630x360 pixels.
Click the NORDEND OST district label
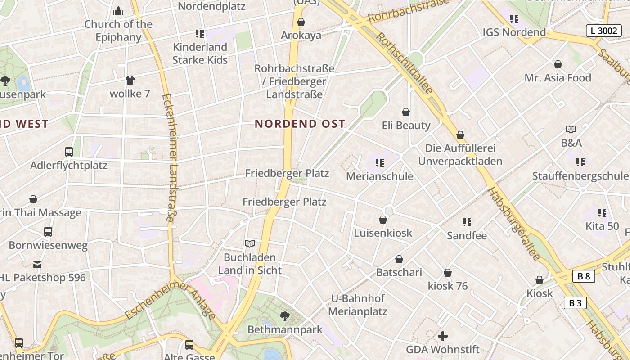coord(300,124)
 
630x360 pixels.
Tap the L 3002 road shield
coord(604,31)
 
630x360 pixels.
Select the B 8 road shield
coord(584,276)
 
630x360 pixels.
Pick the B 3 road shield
coord(575,303)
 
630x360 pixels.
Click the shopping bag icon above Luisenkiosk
coord(383,220)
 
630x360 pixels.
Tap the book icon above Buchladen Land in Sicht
coord(250,244)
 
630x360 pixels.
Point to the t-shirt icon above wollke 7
coord(130,81)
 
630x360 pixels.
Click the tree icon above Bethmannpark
coord(284,316)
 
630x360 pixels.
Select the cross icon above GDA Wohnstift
coord(443,336)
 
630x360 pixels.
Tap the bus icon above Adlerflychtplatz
coord(69,152)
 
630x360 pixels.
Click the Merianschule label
coord(379,176)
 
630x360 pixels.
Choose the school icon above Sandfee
coord(467,222)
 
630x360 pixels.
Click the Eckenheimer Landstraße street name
coord(170,157)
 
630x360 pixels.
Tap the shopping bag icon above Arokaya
coord(301,22)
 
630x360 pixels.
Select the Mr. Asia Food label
coord(558,78)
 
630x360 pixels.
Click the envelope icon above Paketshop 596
coord(37,265)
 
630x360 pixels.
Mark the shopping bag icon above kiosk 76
coord(448,273)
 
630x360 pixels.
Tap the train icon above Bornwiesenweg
coord(48,232)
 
